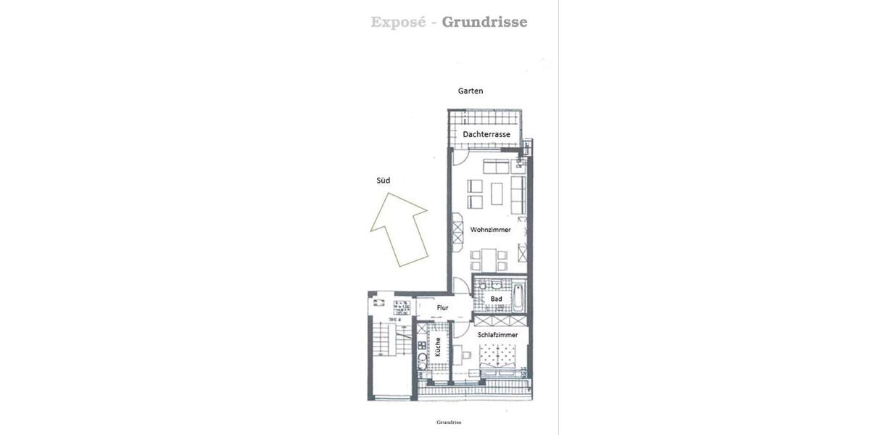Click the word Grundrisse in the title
tap(484, 22)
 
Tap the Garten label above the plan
tap(471, 91)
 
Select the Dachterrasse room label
tap(486, 135)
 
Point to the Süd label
tap(384, 181)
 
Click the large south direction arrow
tap(398, 228)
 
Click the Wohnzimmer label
tap(490, 230)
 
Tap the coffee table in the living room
tap(497, 194)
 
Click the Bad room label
tap(496, 299)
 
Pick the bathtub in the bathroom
tap(518, 298)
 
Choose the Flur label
tap(442, 308)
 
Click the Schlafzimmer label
tap(497, 335)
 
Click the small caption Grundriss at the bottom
tap(449, 422)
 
